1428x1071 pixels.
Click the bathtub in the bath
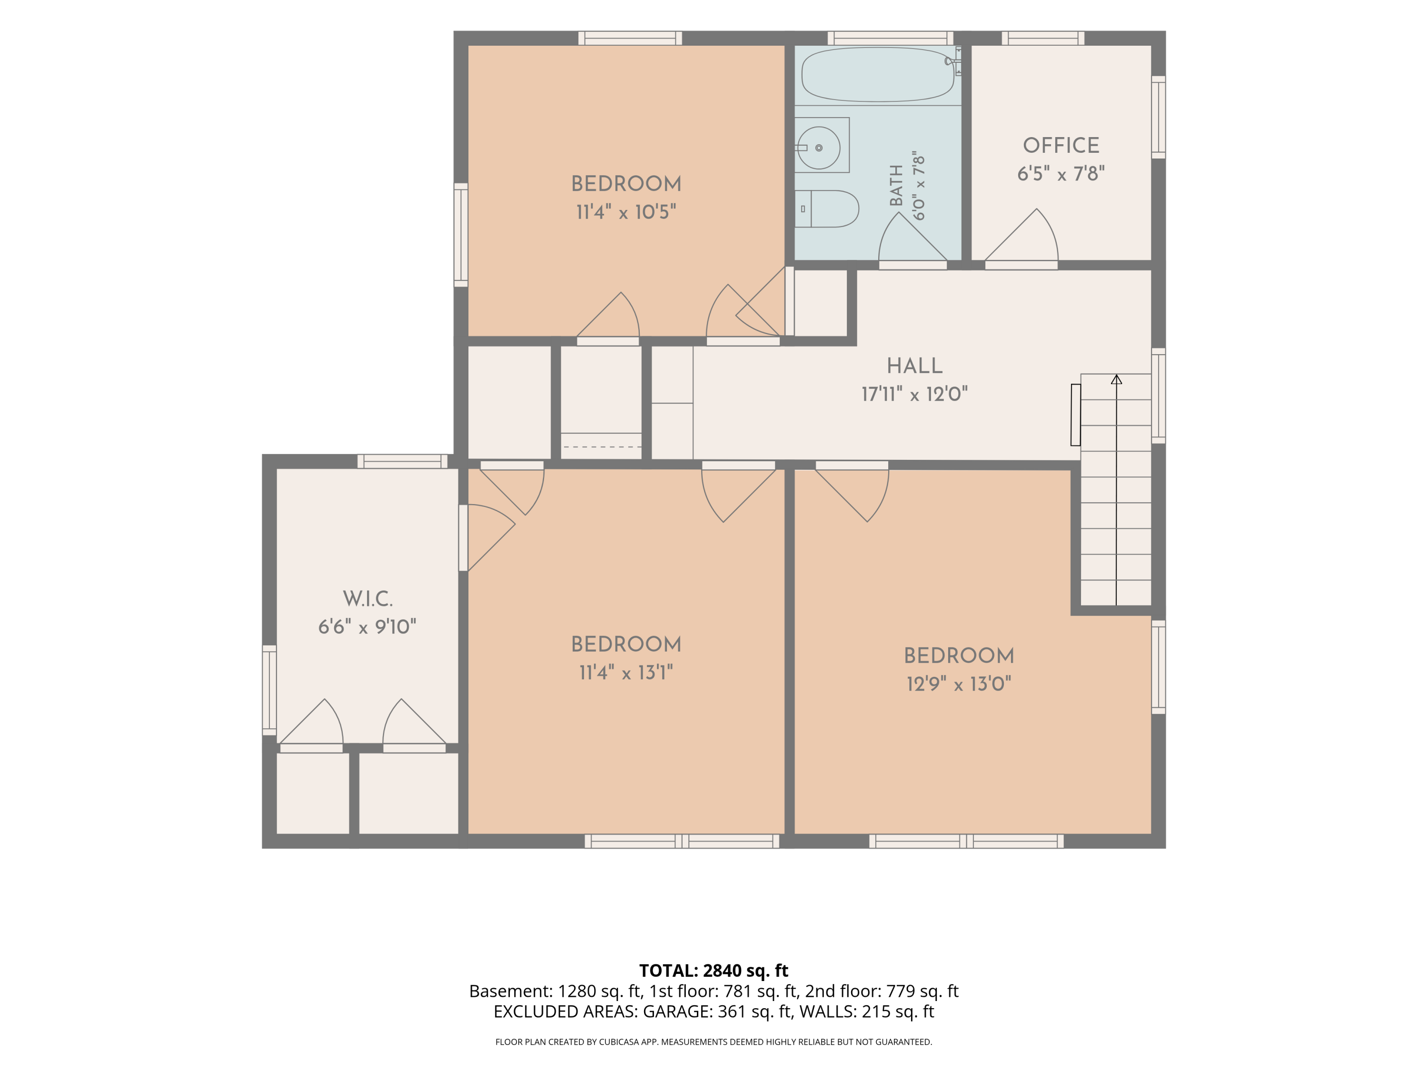pos(877,74)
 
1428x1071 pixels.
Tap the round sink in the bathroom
pos(819,148)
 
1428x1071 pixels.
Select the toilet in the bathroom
pos(827,208)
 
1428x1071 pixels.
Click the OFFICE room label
pos(1061,145)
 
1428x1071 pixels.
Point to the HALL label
pos(915,366)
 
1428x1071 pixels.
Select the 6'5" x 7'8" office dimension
pos(1061,174)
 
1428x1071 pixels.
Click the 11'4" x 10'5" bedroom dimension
pos(626,212)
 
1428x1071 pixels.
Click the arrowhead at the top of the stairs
pos(1116,379)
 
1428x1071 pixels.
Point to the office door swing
pos(1021,235)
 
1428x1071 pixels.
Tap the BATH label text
pos(896,185)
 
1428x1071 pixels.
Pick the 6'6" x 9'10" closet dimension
pos(367,627)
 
